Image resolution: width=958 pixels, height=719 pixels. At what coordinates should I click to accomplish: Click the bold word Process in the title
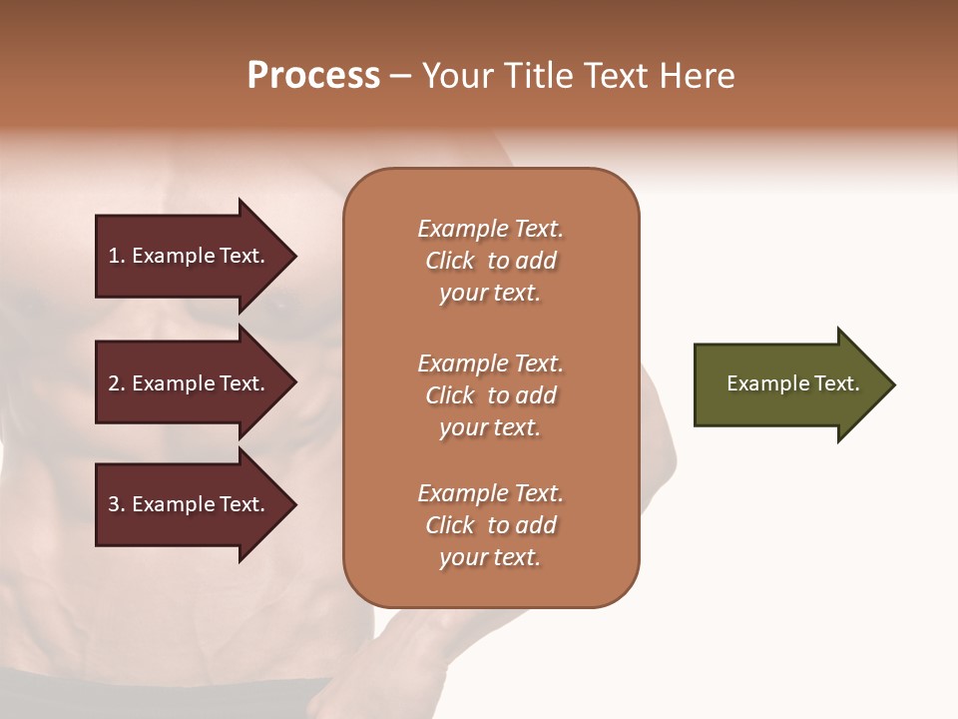[313, 76]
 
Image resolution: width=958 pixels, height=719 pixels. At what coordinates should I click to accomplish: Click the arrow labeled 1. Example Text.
[190, 256]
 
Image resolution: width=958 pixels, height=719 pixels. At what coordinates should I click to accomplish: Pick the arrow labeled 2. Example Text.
[190, 383]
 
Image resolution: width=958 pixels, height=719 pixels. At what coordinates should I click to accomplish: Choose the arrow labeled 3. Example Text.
[190, 504]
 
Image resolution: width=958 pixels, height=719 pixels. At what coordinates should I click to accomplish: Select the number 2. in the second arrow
[117, 383]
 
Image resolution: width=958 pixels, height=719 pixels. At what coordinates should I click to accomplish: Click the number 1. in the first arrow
[116, 256]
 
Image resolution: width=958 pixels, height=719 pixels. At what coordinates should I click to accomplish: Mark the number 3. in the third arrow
[117, 504]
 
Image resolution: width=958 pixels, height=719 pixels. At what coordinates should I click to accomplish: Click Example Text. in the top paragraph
[490, 229]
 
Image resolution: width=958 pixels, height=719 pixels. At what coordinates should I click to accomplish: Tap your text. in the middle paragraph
[490, 427]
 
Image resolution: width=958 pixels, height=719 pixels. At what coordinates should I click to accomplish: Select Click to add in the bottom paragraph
[490, 525]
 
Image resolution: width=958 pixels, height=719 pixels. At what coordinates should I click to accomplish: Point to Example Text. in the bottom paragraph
[490, 493]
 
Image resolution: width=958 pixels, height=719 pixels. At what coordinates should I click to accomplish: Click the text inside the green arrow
[792, 383]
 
